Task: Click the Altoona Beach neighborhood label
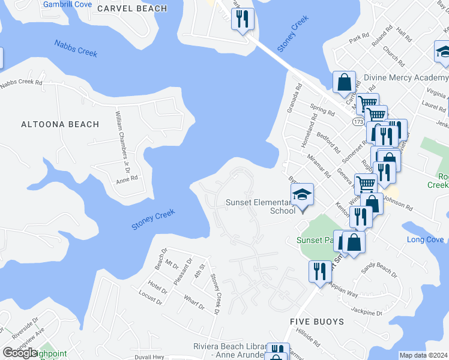coord(59,124)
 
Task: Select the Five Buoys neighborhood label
coord(317,322)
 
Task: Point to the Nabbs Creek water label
coord(76,49)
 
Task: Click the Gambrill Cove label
coord(67,4)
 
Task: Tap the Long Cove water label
coord(426,240)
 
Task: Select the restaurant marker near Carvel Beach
coord(243,19)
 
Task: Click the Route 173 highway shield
coord(358,121)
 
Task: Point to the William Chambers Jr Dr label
coord(119,125)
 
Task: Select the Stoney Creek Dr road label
coord(214,293)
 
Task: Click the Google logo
coord(20,352)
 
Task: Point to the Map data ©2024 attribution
coord(423,355)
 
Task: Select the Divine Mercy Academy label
coord(406,78)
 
